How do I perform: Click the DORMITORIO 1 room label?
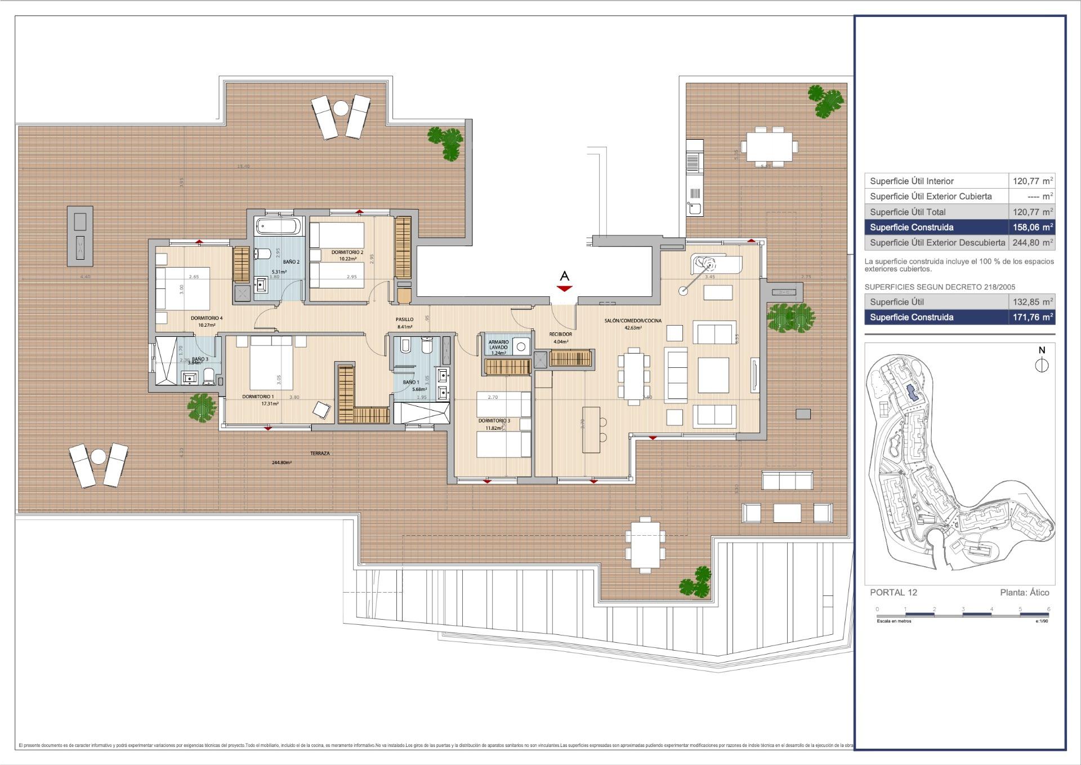[x=258, y=397]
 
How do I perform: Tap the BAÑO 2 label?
[x=291, y=262]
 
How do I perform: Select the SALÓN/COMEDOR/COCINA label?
[x=633, y=321]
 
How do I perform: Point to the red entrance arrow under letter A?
[x=564, y=288]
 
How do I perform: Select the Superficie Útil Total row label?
[x=908, y=212]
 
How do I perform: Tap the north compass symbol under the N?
[x=1042, y=366]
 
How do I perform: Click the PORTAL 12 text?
[x=894, y=592]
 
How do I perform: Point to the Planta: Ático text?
[x=1024, y=592]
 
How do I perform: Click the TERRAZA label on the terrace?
[x=320, y=453]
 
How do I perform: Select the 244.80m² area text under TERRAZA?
[x=282, y=462]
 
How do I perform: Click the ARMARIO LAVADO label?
[x=498, y=345]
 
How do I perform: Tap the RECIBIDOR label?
[x=560, y=334]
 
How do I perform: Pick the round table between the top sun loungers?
[x=341, y=107]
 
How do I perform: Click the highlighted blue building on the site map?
[x=912, y=393]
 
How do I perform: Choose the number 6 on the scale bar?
[x=1048, y=609]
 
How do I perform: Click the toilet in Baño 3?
[x=208, y=375]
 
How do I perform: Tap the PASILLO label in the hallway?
[x=404, y=319]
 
